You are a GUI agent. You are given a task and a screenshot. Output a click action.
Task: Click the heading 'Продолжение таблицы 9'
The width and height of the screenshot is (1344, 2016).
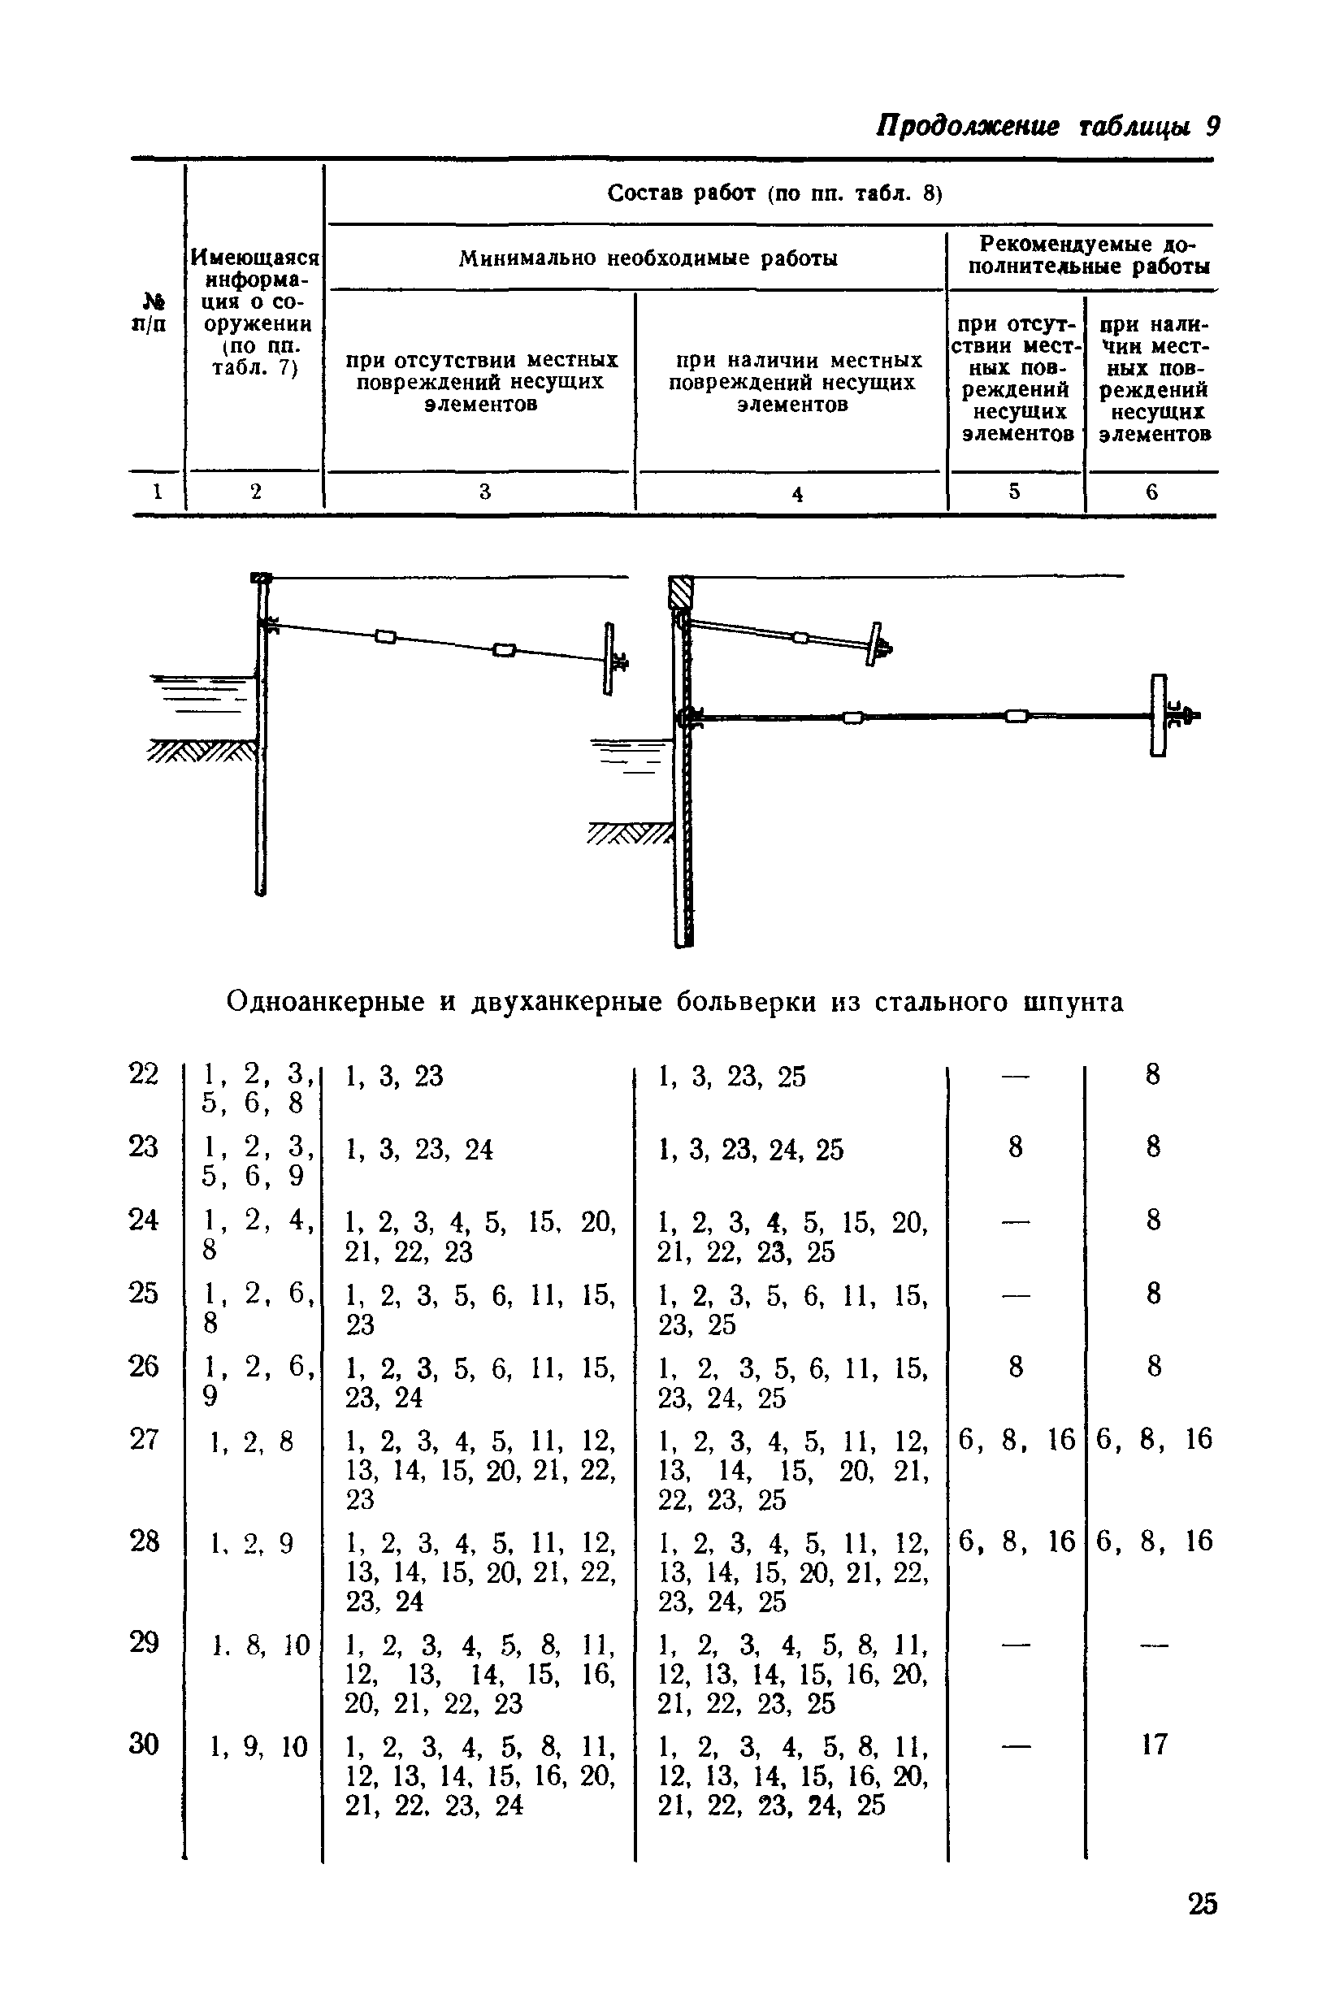1047,126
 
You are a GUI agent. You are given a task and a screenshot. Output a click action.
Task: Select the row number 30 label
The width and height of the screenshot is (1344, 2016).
144,1745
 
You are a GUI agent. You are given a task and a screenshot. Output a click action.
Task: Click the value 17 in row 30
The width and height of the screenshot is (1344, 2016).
1154,1745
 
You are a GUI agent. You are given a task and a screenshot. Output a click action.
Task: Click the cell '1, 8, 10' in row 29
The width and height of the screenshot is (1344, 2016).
260,1645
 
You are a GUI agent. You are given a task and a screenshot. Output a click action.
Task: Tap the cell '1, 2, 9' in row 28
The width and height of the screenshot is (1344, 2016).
252,1543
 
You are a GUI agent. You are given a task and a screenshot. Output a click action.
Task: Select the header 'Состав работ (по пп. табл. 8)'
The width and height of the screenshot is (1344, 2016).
774,193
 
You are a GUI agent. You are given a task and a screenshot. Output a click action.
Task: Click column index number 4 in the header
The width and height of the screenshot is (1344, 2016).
797,495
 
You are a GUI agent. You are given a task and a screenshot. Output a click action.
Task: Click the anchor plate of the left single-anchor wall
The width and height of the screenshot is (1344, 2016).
609,657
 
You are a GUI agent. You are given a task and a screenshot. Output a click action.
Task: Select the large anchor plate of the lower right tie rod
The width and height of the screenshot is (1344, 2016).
1159,715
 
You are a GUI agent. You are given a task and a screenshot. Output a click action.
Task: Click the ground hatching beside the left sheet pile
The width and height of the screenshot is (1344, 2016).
202,751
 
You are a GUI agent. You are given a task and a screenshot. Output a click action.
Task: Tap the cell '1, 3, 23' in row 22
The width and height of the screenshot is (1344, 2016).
394,1077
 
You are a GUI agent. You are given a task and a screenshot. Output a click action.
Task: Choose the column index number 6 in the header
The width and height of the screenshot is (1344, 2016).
1151,492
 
